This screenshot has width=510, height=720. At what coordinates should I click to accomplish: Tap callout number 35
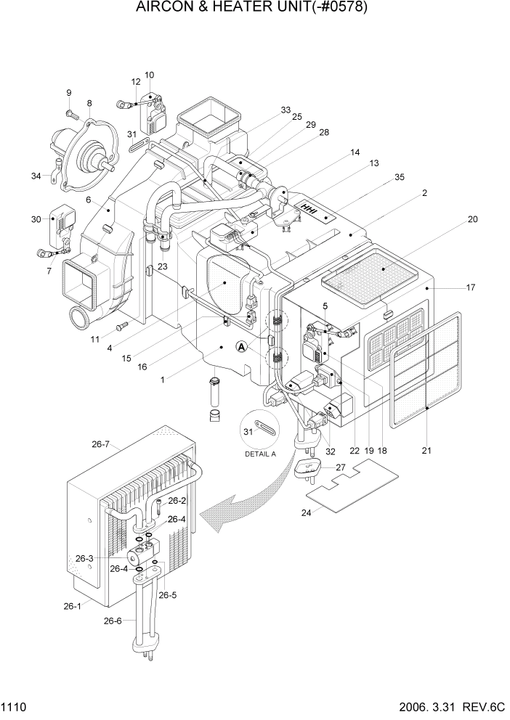pos(400,178)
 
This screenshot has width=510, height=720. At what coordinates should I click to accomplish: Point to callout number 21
pos(426,451)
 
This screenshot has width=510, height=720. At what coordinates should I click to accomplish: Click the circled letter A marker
pos(242,348)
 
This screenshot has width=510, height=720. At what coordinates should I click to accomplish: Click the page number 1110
pos(15,706)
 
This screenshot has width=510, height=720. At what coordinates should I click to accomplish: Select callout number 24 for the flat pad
pos(307,513)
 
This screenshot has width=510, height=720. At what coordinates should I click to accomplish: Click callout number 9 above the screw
pos(69,93)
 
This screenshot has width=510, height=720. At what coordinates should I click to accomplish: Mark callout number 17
pos(471,287)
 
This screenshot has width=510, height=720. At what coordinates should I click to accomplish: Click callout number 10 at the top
pos(149,75)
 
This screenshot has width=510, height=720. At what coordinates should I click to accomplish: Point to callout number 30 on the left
pos(36,220)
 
